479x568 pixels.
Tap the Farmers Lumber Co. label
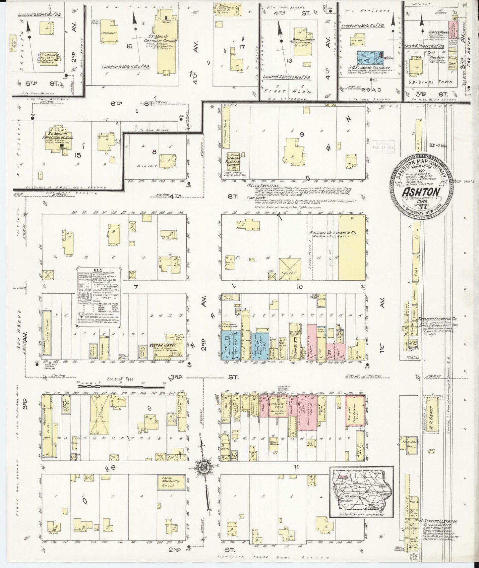(x=332, y=233)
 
